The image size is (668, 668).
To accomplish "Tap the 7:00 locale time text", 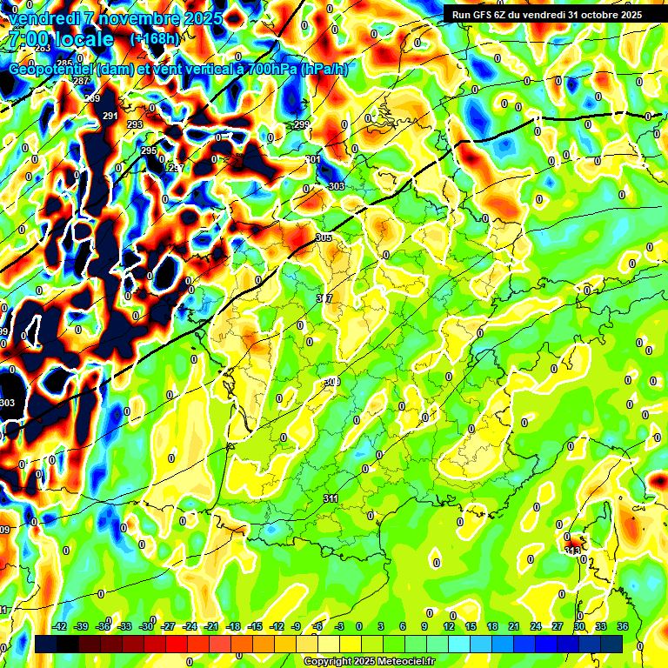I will pyautogui.click(x=61, y=39).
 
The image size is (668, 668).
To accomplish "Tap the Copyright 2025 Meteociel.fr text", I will pyautogui.click(x=369, y=661).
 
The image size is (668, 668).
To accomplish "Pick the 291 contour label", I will pyautogui.click(x=110, y=116).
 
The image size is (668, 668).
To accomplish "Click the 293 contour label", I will pyautogui.click(x=135, y=124).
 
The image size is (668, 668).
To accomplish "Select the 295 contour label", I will pyautogui.click(x=149, y=151).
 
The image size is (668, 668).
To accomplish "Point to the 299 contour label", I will pyautogui.click(x=302, y=125).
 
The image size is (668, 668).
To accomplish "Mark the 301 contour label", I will pyautogui.click(x=313, y=160).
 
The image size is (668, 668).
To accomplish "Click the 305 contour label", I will pyautogui.click(x=324, y=237).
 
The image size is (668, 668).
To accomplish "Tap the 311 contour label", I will pyautogui.click(x=331, y=498).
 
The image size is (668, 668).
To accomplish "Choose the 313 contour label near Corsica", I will pyautogui.click(x=572, y=551).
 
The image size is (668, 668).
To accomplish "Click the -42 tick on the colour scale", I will pyautogui.click(x=60, y=626).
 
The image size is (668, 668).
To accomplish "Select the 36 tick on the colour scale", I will pyautogui.click(x=623, y=626).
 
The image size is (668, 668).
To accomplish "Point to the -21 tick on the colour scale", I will pyautogui.click(x=211, y=626).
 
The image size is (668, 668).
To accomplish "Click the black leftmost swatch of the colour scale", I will pyautogui.click(x=46, y=643).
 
